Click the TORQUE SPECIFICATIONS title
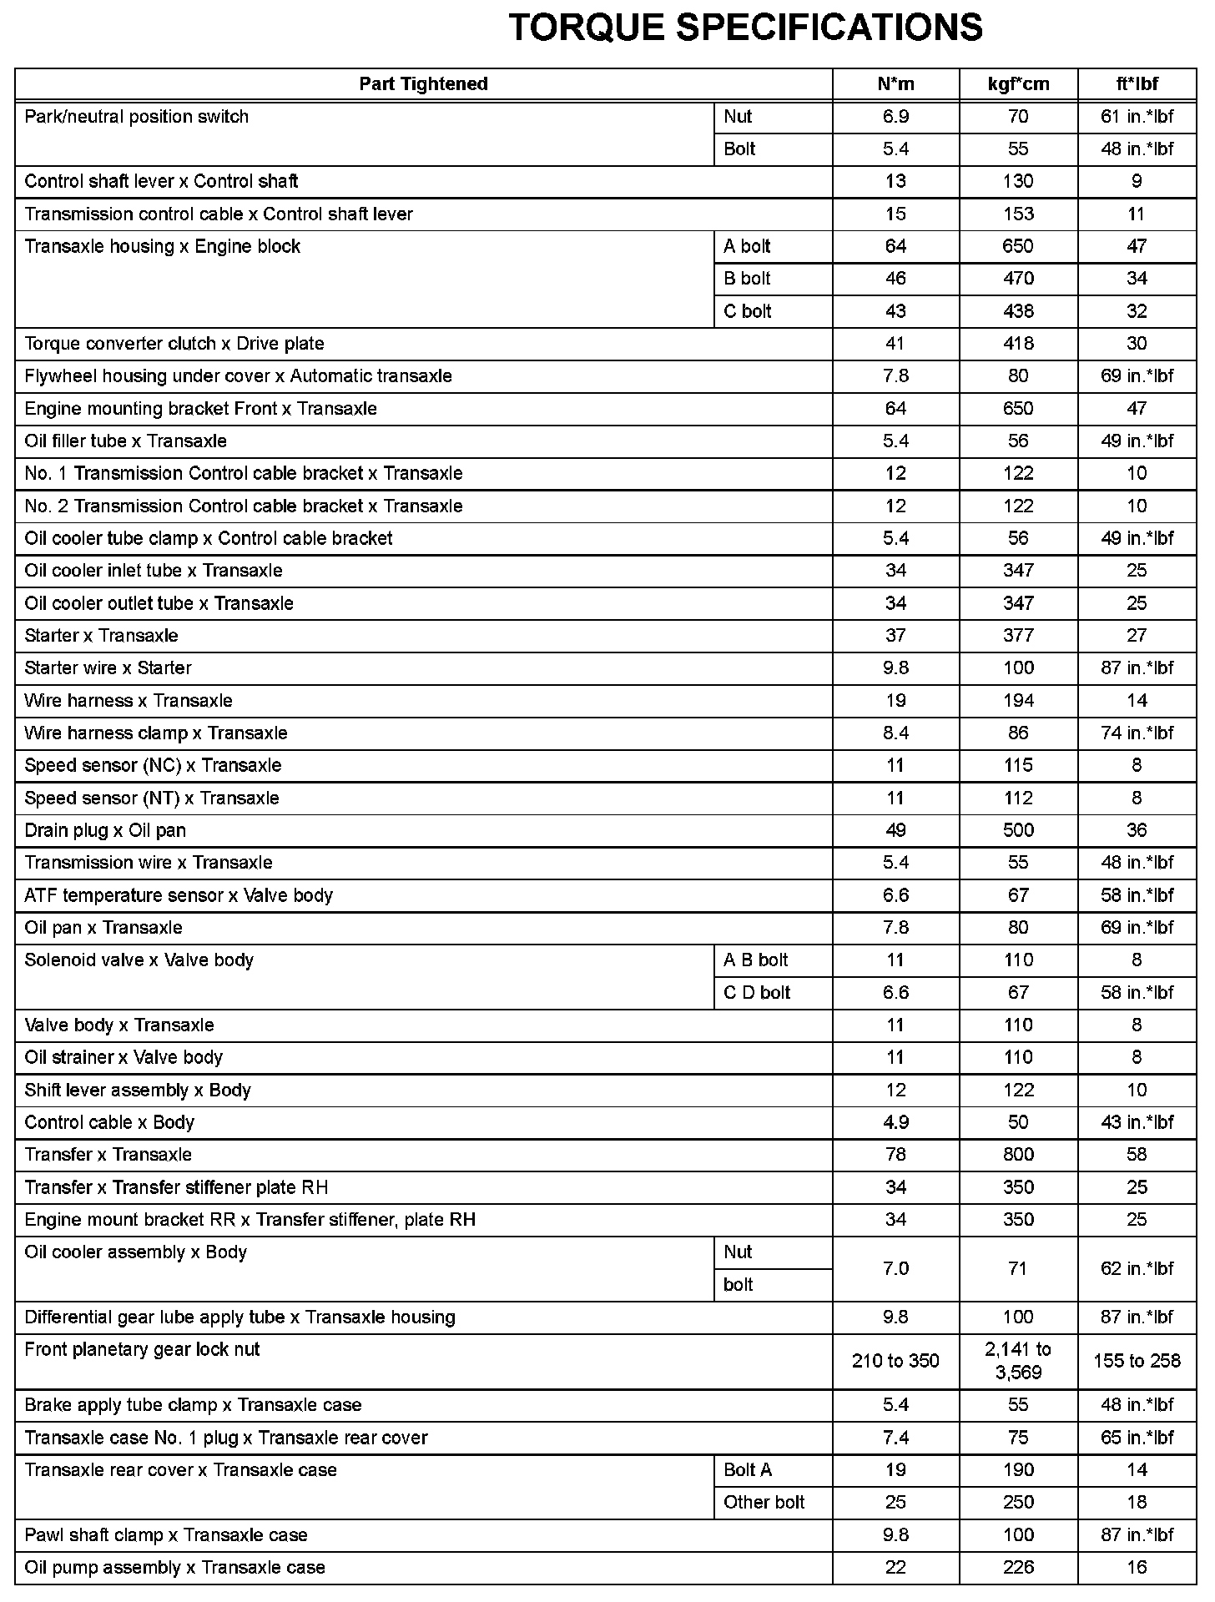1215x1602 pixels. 745,28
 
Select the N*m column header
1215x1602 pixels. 895,84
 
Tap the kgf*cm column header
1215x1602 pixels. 1018,84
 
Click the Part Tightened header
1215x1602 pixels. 423,84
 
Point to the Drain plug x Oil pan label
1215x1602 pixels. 105,830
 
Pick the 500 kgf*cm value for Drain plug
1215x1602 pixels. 1018,830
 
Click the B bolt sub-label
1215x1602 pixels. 747,279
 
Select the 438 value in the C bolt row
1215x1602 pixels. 1018,311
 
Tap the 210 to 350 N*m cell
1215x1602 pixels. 895,1361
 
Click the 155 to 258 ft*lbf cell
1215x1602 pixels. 1137,1361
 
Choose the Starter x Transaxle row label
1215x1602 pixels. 101,636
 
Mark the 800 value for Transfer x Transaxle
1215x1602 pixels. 1018,1155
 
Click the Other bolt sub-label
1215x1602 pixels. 764,1502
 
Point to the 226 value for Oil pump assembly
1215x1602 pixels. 1018,1567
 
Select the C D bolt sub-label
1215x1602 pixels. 757,993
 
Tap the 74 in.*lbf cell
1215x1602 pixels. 1137,733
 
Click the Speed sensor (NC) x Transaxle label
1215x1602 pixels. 153,766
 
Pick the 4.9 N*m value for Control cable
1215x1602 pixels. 895,1122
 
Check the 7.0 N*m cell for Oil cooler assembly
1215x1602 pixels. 895,1268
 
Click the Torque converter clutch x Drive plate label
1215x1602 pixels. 174,344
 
